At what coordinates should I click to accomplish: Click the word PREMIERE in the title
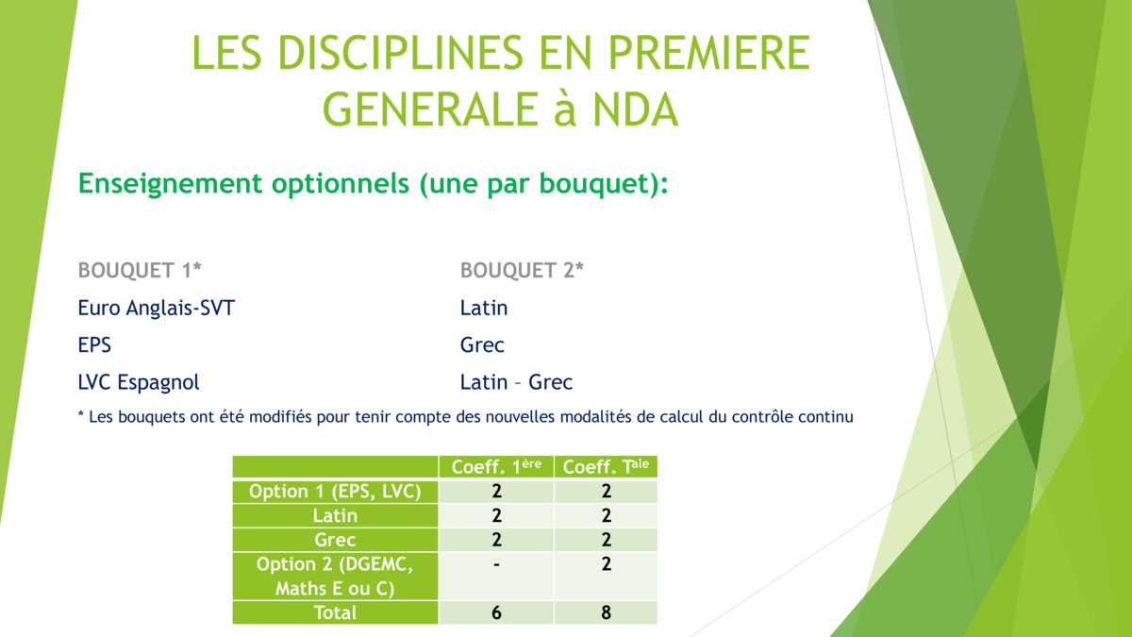[708, 53]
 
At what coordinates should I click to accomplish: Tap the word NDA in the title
[635, 109]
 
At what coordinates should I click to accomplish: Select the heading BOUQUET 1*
[140, 270]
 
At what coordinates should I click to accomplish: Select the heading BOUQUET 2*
[522, 270]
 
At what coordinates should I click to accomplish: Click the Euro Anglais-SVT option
[157, 308]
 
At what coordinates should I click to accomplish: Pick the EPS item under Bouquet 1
[94, 344]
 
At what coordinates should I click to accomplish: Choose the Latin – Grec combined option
[516, 382]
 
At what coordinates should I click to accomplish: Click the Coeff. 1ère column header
[496, 466]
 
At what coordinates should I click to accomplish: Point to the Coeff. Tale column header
[606, 466]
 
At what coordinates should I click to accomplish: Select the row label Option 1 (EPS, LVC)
[335, 492]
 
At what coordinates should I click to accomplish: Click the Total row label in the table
[335, 612]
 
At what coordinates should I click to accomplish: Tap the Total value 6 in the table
[496, 612]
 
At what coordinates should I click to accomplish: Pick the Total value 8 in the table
[606, 612]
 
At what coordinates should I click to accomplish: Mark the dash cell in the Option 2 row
[496, 564]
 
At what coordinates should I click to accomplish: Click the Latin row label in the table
[335, 515]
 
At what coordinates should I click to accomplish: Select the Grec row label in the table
[335, 540]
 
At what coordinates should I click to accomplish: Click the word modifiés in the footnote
[280, 417]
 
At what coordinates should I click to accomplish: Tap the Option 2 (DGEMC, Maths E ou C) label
[335, 577]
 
